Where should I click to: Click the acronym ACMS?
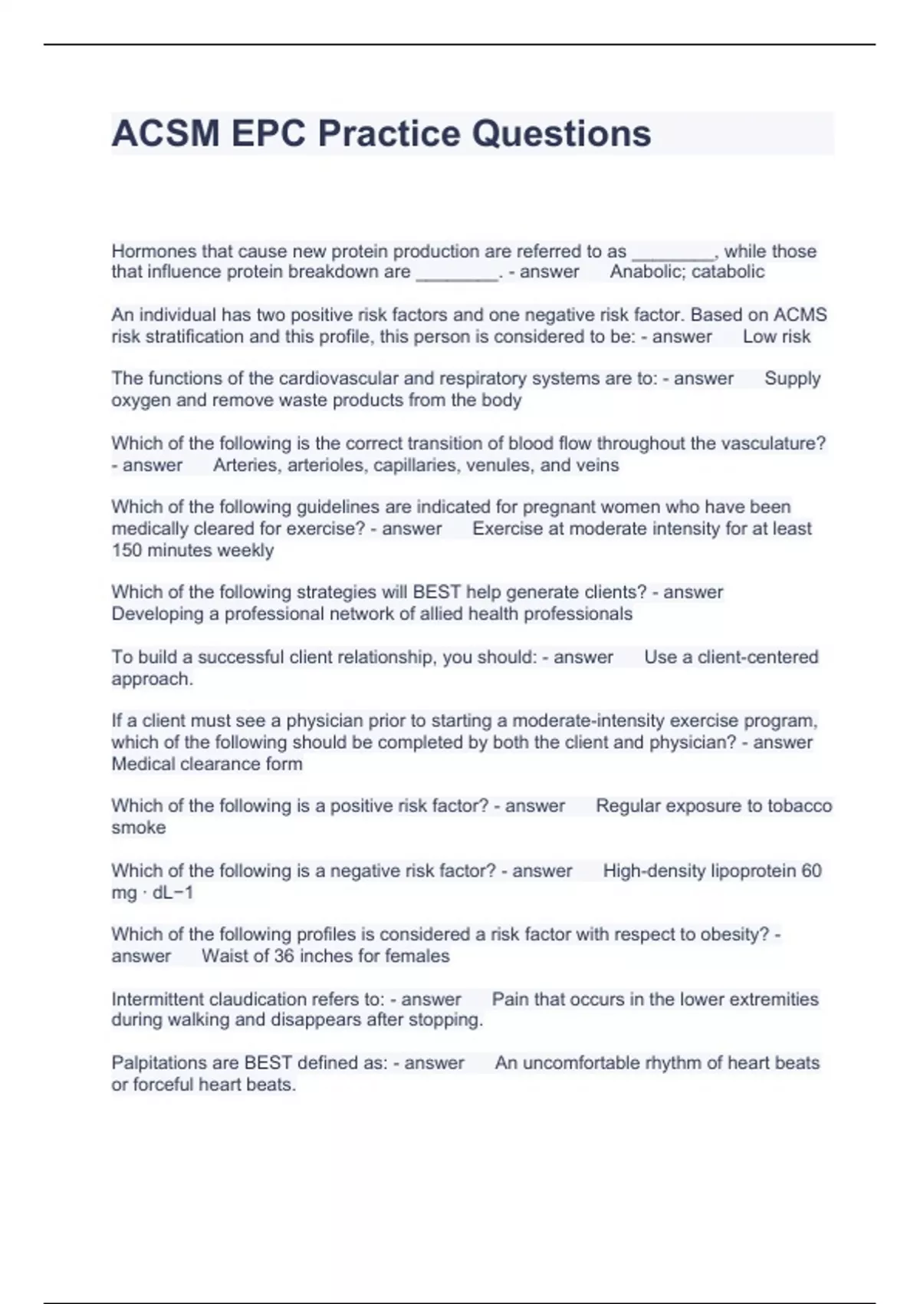pos(800,314)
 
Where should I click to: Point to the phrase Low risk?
pos(776,336)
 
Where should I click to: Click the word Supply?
pos(792,378)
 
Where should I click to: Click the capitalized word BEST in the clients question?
pos(437,592)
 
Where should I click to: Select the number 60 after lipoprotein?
pos(811,871)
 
